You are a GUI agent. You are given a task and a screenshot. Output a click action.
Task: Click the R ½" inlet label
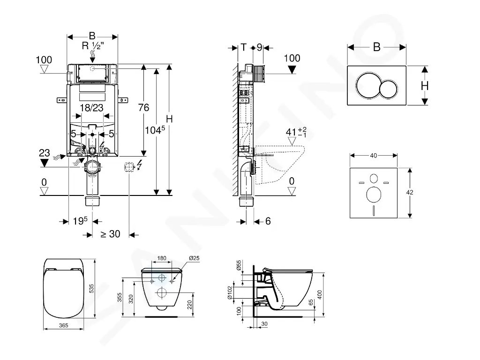coord(93,46)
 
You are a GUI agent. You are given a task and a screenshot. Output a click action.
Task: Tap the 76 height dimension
coord(143,107)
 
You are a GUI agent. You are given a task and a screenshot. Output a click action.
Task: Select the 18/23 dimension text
coord(91,108)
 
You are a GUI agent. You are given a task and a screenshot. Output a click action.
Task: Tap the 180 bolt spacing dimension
coord(162,259)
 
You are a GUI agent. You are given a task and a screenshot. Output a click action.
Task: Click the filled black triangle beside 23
coord(45,163)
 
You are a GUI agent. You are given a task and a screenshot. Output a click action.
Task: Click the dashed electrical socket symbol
coord(128,166)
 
